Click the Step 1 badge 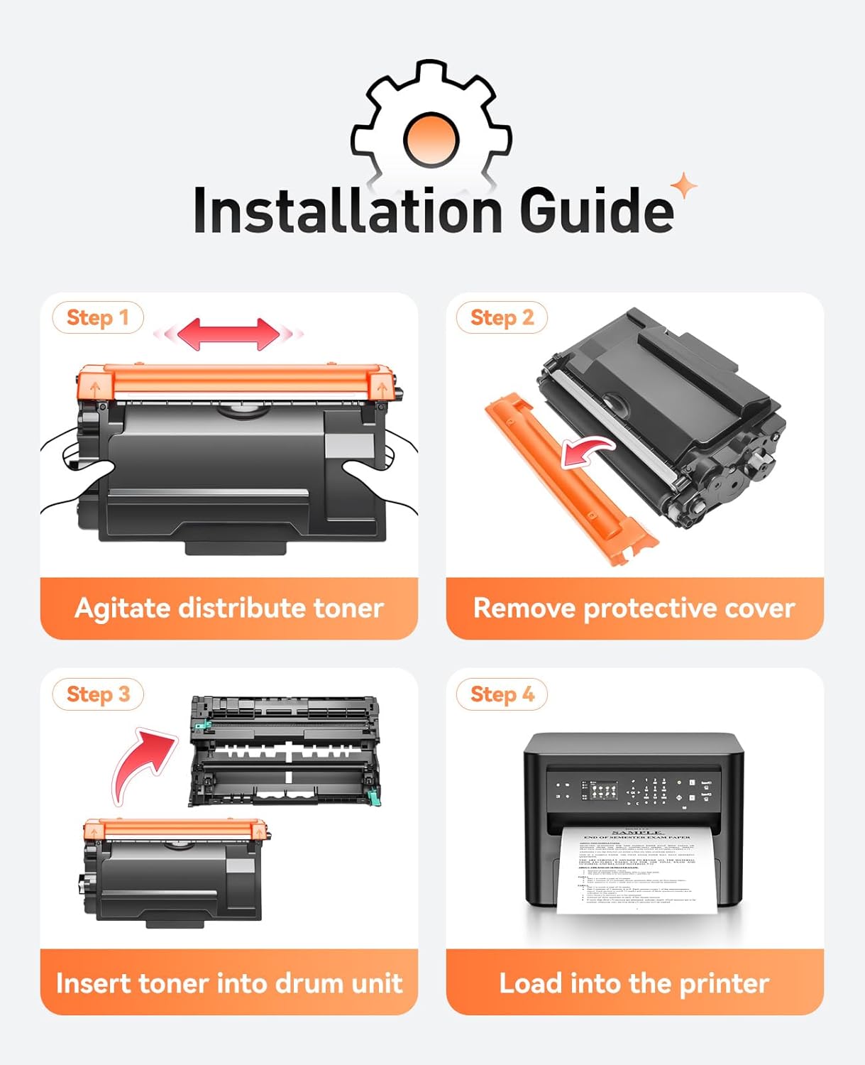click(x=97, y=317)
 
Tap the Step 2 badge click(x=502, y=317)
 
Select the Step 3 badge click(x=98, y=694)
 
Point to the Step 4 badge click(x=502, y=694)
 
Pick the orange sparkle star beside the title click(x=684, y=187)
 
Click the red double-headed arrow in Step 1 click(x=228, y=334)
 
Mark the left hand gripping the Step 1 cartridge click(x=78, y=469)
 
